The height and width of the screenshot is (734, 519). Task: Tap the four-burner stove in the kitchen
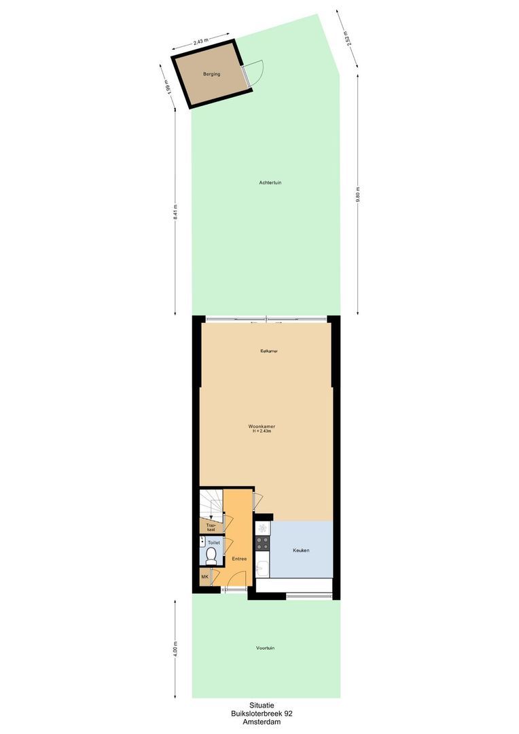[x=262, y=543]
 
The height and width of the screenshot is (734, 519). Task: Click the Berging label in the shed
[x=211, y=74]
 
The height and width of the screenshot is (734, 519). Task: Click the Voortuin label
[x=266, y=648]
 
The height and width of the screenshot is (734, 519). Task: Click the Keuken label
[x=301, y=550]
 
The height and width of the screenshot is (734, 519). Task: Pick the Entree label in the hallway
[x=238, y=558]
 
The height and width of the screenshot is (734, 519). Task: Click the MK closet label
[x=204, y=577]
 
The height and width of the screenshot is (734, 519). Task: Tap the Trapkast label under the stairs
[x=211, y=527]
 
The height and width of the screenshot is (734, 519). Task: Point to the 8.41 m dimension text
[x=175, y=211]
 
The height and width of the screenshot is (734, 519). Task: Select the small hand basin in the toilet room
[x=203, y=542]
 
